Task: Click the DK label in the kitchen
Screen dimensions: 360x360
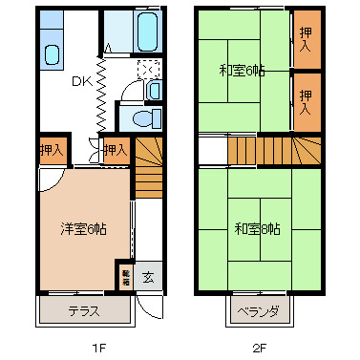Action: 81,81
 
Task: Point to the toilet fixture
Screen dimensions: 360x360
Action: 144,118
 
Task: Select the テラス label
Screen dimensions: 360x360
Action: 84,311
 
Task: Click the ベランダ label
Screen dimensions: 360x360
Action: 259,311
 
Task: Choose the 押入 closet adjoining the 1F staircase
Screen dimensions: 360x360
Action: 115,150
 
